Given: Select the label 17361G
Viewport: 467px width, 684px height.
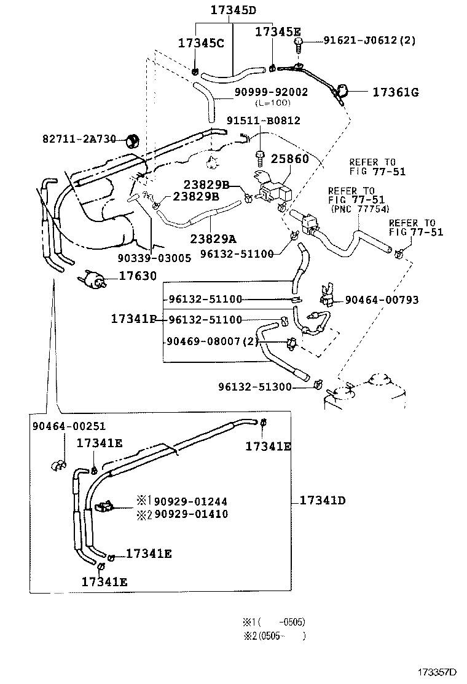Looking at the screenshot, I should click(395, 92).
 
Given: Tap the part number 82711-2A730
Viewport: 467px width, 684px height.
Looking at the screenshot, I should click(79, 139).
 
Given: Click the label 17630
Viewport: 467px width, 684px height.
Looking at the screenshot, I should click(138, 276).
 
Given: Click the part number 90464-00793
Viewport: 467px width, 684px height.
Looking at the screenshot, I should click(382, 300).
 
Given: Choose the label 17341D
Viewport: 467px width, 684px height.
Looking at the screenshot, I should click(323, 501).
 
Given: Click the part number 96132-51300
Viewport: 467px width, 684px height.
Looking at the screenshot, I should click(255, 387).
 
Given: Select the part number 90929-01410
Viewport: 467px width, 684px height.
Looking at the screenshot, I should click(190, 514).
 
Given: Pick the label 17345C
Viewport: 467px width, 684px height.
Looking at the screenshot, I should click(202, 44).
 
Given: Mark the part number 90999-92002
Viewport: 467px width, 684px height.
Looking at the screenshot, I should click(271, 92).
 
